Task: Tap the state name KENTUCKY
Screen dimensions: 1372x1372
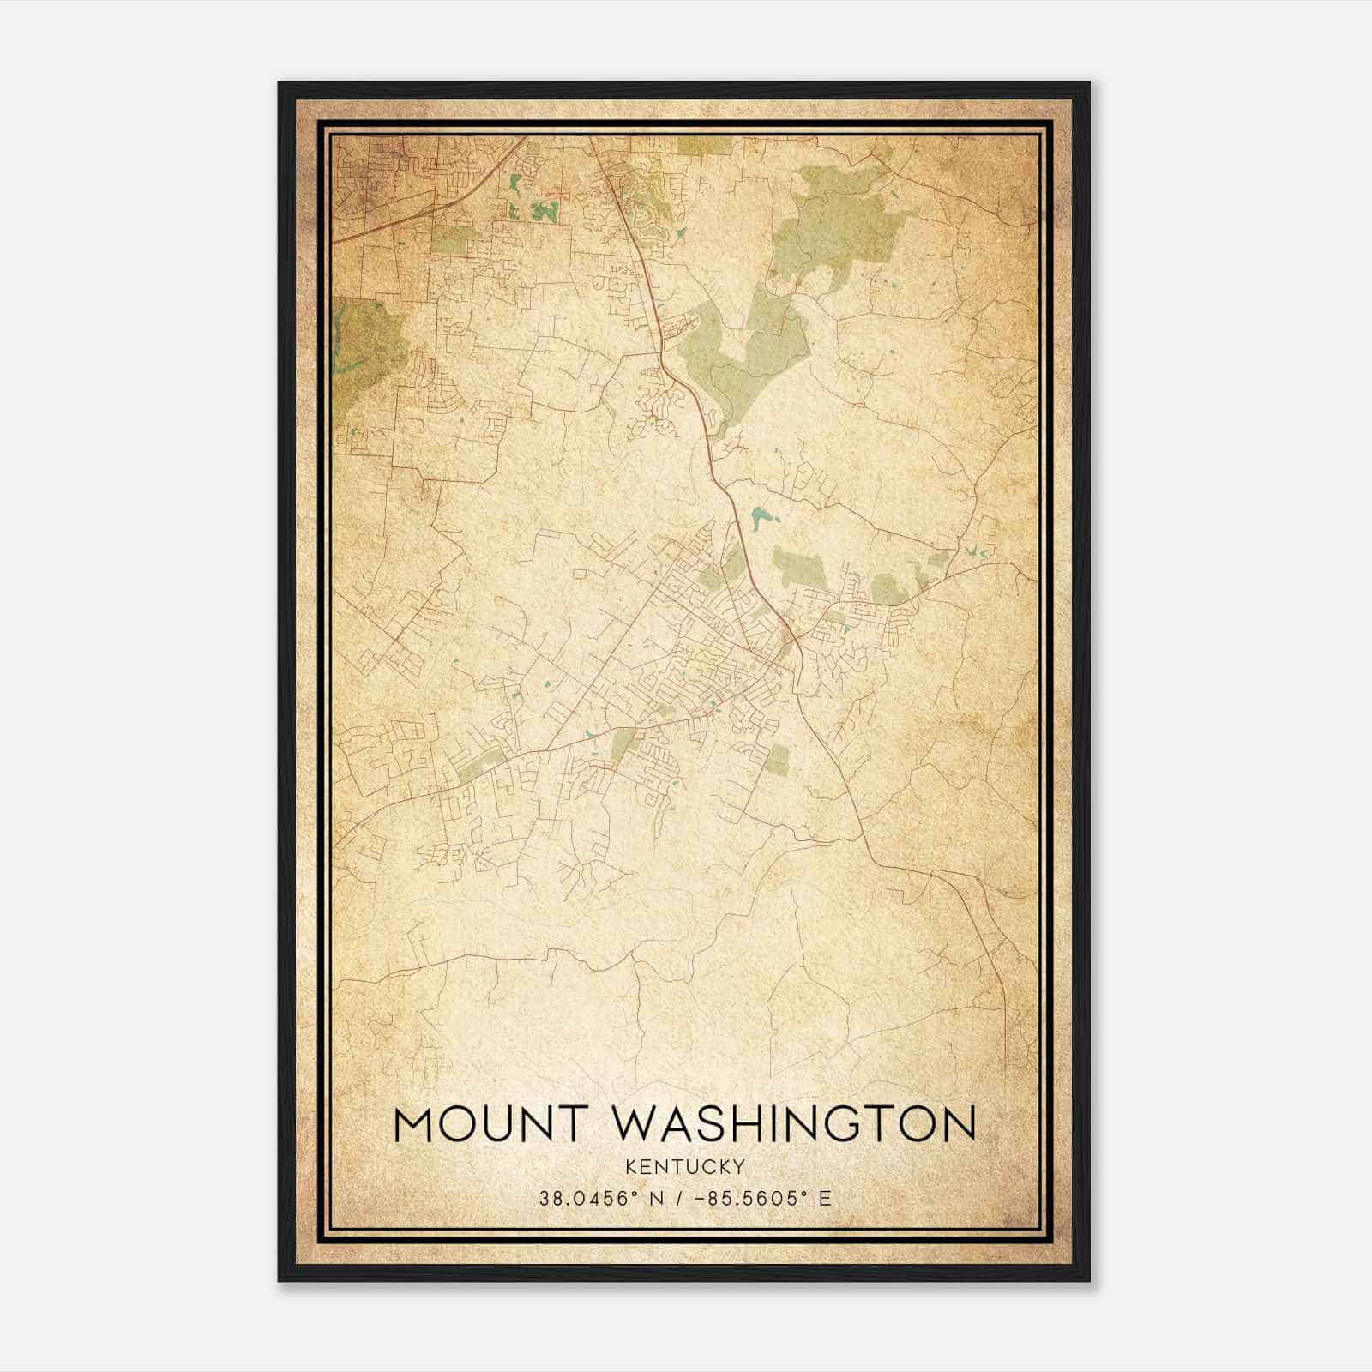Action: [685, 1166]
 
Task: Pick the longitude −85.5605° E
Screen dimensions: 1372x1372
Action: [762, 1198]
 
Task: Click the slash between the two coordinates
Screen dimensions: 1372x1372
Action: [679, 1198]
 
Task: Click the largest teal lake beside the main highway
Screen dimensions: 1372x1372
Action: [759, 517]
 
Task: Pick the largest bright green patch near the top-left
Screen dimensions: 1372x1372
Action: [544, 210]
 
